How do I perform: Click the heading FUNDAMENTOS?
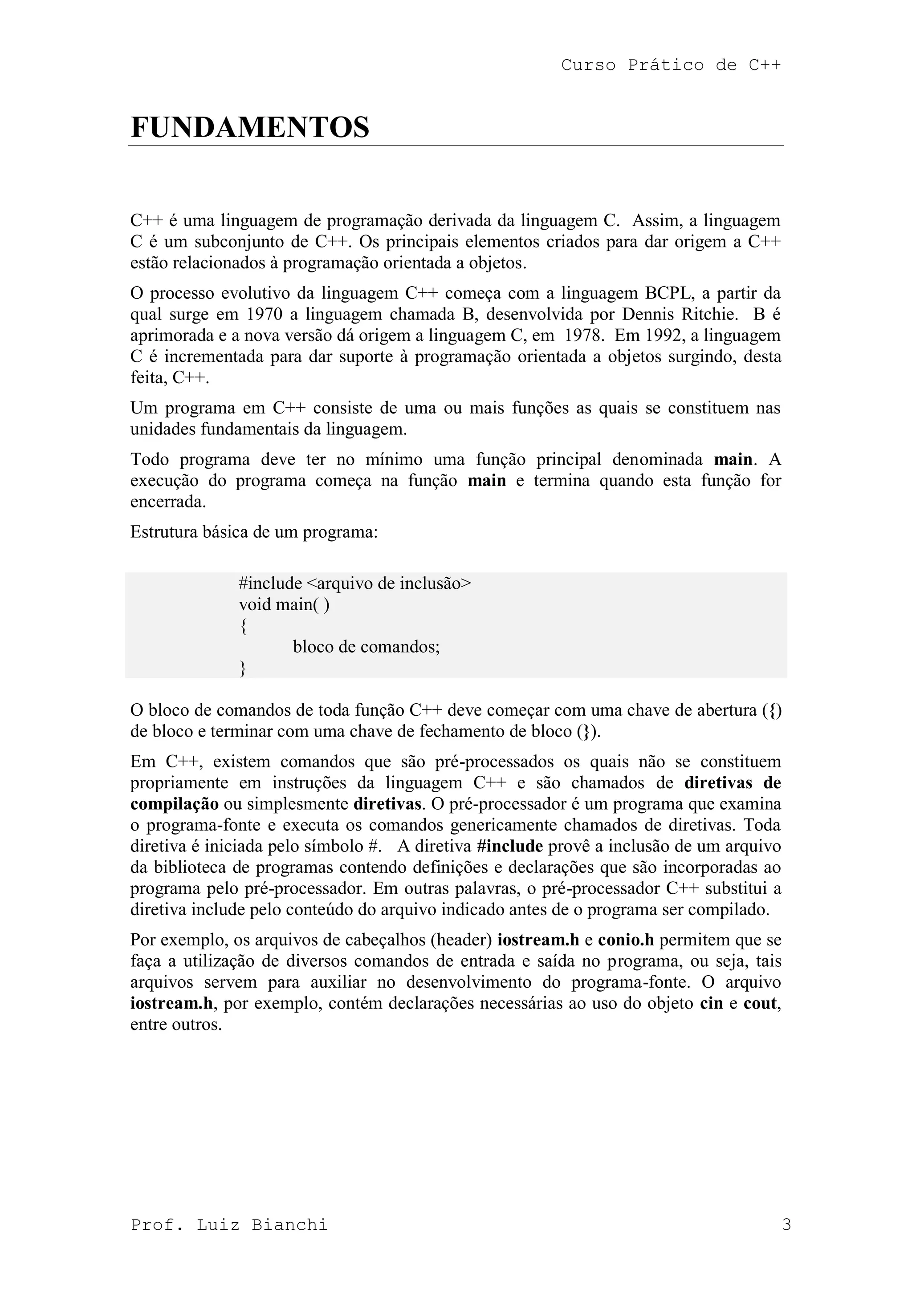pos(250,127)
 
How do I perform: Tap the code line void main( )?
pos(284,604)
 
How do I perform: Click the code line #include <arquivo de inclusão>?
pos(355,584)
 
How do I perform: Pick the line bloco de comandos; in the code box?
pos(366,647)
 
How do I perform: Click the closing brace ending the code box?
pos(243,668)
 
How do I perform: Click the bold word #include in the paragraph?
pos(509,847)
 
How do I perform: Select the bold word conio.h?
pos(626,940)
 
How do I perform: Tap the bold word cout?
pos(760,1003)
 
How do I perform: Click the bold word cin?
pos(712,1003)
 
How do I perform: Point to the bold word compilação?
pos(174,804)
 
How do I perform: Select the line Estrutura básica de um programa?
pos(254,531)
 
